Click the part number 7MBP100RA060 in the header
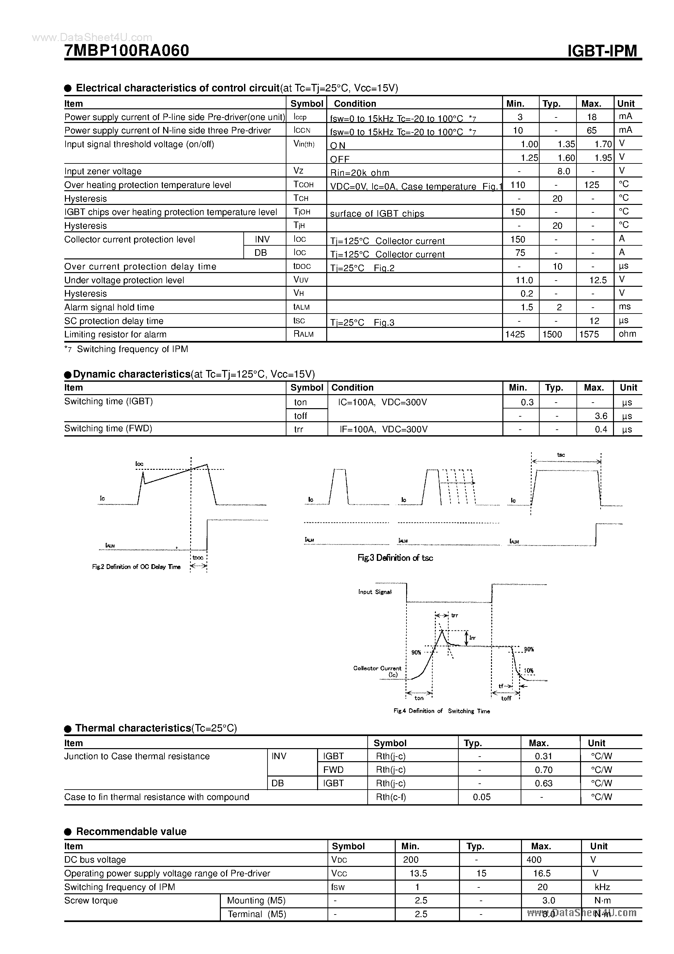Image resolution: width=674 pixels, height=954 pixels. click(127, 51)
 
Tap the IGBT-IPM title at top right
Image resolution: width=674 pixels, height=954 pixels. click(602, 51)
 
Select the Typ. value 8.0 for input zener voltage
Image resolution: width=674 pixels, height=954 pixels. click(557, 171)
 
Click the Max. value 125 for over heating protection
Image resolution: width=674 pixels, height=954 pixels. click(591, 185)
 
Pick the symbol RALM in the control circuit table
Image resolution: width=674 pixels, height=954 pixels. click(303, 334)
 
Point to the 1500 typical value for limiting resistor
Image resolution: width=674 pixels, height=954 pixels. click(552, 334)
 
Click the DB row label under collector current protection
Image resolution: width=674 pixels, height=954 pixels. click(261, 253)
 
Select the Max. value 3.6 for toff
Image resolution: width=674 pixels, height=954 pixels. click(601, 416)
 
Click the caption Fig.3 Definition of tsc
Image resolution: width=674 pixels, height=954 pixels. click(395, 558)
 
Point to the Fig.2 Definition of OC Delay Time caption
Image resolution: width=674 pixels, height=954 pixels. click(136, 567)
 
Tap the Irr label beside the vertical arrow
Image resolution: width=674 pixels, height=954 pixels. click(472, 638)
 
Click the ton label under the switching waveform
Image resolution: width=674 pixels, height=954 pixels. click(419, 699)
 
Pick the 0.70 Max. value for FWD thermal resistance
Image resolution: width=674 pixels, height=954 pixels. click(544, 770)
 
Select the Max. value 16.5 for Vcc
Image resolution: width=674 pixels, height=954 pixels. click(542, 873)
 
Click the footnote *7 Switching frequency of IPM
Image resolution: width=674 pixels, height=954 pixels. click(126, 349)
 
